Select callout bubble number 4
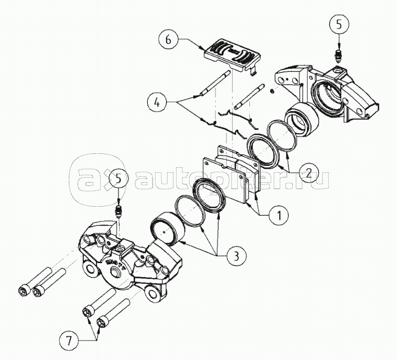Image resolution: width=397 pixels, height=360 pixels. [x=157, y=103]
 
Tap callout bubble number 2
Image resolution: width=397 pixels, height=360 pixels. [x=309, y=174]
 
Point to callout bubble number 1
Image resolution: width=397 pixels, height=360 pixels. [x=279, y=215]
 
